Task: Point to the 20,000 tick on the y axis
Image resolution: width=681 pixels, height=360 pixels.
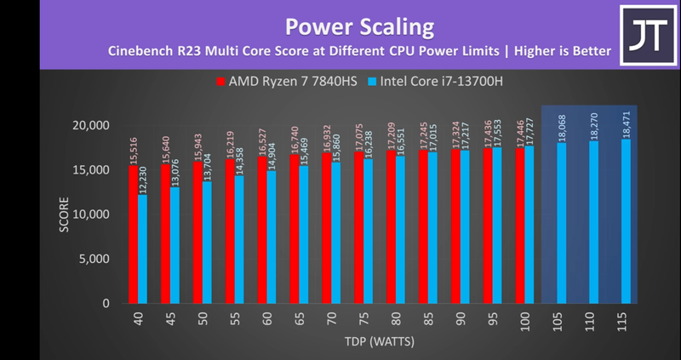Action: coord(88,126)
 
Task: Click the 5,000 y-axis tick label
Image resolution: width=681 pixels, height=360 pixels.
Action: coord(91,259)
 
